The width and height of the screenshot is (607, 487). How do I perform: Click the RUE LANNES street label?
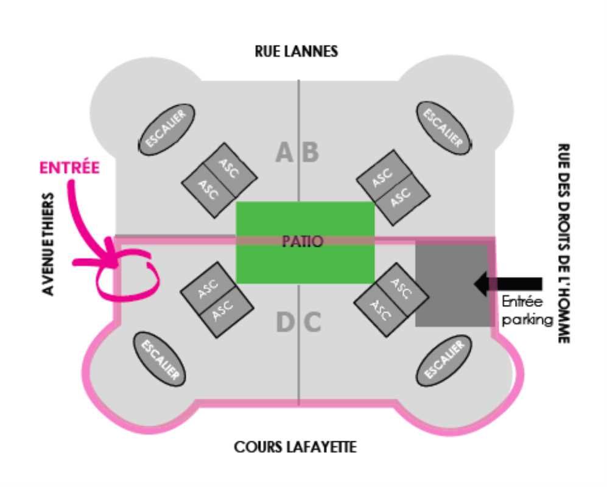click(296, 51)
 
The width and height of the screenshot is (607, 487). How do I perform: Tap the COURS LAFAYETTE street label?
click(295, 447)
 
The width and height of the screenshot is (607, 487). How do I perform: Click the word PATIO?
click(303, 241)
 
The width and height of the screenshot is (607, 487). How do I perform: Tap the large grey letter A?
click(284, 152)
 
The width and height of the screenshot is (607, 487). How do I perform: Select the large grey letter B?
click(311, 152)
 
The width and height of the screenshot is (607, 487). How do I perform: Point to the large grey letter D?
click(284, 323)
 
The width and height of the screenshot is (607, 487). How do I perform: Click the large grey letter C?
click(312, 323)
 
